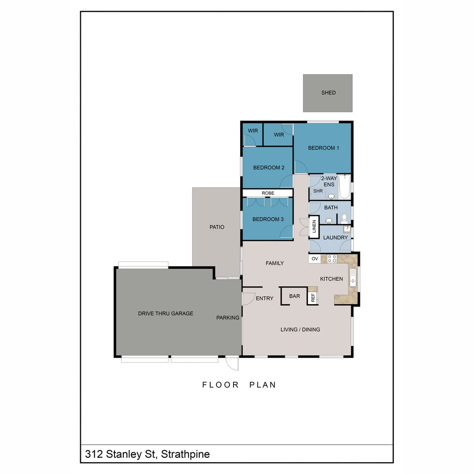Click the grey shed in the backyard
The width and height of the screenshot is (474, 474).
pyautogui.click(x=327, y=93)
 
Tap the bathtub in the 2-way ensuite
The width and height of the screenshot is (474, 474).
pyautogui.click(x=345, y=187)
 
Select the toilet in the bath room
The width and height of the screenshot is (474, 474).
pyautogui.click(x=344, y=217)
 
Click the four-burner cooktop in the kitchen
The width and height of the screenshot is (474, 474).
pyautogui.click(x=332, y=259)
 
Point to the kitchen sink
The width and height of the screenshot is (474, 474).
pyautogui.click(x=353, y=277)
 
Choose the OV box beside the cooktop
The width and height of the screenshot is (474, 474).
pyautogui.click(x=315, y=259)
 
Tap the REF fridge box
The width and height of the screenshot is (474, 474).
pyautogui.click(x=313, y=298)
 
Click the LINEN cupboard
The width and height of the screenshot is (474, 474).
pyautogui.click(x=314, y=226)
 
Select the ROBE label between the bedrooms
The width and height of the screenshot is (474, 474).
pyautogui.click(x=268, y=193)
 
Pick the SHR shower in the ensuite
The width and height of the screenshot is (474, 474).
pyautogui.click(x=318, y=191)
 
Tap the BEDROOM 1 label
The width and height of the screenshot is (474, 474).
pyautogui.click(x=323, y=148)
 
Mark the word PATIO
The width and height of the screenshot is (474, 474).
pyautogui.click(x=217, y=227)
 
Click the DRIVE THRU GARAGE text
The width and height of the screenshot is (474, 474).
pyautogui.click(x=165, y=313)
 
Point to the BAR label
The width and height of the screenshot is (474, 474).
pyautogui.click(x=294, y=296)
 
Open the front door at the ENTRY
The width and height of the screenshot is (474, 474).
pyautogui.click(x=248, y=298)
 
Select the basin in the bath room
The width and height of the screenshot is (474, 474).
pyautogui.click(x=329, y=221)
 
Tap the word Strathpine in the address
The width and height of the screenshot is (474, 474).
pyautogui.click(x=185, y=454)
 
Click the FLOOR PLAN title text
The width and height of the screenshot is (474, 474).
pyautogui.click(x=239, y=385)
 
